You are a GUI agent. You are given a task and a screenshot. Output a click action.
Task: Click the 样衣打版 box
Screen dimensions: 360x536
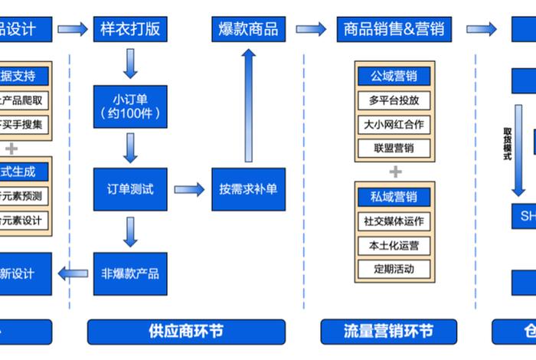point(130,30)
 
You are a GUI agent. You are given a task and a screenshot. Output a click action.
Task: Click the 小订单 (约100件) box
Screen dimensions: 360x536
point(130,106)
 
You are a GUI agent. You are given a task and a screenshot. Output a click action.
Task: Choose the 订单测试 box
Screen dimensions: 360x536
point(130,189)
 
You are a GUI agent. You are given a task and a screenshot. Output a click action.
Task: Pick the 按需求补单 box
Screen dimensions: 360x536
point(248,189)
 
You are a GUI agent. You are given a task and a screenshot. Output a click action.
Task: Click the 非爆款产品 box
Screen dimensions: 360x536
point(130,273)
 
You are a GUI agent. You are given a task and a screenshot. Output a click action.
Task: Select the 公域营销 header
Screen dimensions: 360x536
point(395,76)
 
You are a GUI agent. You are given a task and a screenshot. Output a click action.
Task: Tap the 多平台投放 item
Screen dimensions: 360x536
point(395,100)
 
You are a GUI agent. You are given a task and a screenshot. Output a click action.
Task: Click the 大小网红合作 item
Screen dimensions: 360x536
point(395,124)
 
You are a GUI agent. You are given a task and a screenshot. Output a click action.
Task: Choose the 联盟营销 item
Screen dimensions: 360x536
point(395,148)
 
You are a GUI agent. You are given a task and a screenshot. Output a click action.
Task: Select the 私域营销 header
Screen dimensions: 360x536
point(395,197)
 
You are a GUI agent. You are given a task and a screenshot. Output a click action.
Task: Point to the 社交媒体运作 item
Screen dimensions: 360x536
point(395,221)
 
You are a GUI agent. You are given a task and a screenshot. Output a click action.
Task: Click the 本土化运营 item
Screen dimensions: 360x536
point(395,246)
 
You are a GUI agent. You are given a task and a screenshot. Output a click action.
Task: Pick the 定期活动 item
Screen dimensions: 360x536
point(395,270)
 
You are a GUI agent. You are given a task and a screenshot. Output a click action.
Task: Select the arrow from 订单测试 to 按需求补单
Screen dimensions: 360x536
point(188,189)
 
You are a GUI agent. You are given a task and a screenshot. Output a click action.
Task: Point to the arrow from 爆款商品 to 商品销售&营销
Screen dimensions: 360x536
point(311,30)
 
